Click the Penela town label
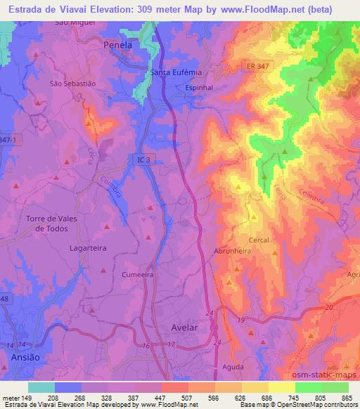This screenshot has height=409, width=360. pos(117,45)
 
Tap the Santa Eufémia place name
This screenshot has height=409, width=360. pos(176,72)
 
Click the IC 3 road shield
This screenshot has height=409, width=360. pos(143,161)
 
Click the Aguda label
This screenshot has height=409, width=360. pos(232,367)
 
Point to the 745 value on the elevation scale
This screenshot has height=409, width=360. pos(295,397)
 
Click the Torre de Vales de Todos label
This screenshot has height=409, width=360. pos(51,223)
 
